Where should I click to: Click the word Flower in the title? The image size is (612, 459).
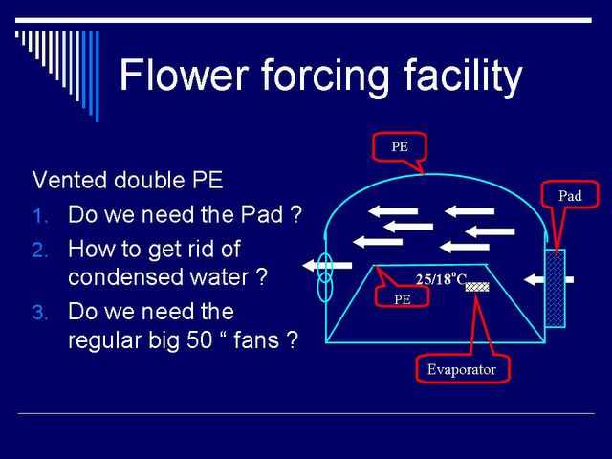coord(184,75)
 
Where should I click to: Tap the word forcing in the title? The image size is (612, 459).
coord(325,77)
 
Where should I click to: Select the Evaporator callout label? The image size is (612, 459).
coord(462,369)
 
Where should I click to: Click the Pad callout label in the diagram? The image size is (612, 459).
coord(570,195)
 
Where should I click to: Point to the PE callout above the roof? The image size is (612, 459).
coord(400,146)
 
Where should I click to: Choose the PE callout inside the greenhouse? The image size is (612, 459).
coord(402,299)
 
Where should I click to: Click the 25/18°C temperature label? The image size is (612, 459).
coord(441,279)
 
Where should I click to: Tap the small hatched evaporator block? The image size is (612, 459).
coord(477,287)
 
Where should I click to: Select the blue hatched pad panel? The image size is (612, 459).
coord(555,288)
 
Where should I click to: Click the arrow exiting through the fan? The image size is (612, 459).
coord(327,266)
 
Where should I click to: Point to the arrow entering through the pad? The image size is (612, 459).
coord(548,279)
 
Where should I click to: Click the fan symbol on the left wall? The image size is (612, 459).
coord(325,277)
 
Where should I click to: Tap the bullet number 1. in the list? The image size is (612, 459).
coord(40,216)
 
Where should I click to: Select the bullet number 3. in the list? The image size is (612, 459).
coord(40,313)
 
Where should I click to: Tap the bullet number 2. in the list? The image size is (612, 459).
coord(40,251)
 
